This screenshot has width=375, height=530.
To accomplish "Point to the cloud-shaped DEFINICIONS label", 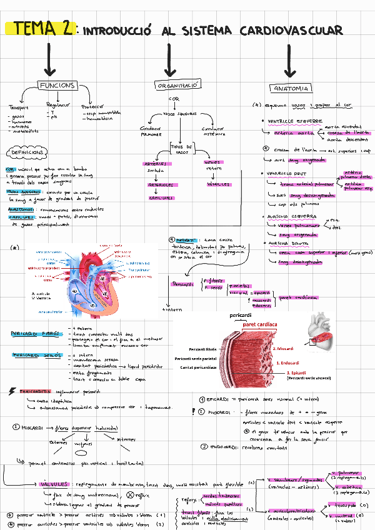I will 26,152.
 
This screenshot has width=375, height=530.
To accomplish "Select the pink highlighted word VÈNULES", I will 218,184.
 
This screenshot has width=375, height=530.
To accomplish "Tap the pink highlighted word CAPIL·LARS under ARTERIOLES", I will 161,197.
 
